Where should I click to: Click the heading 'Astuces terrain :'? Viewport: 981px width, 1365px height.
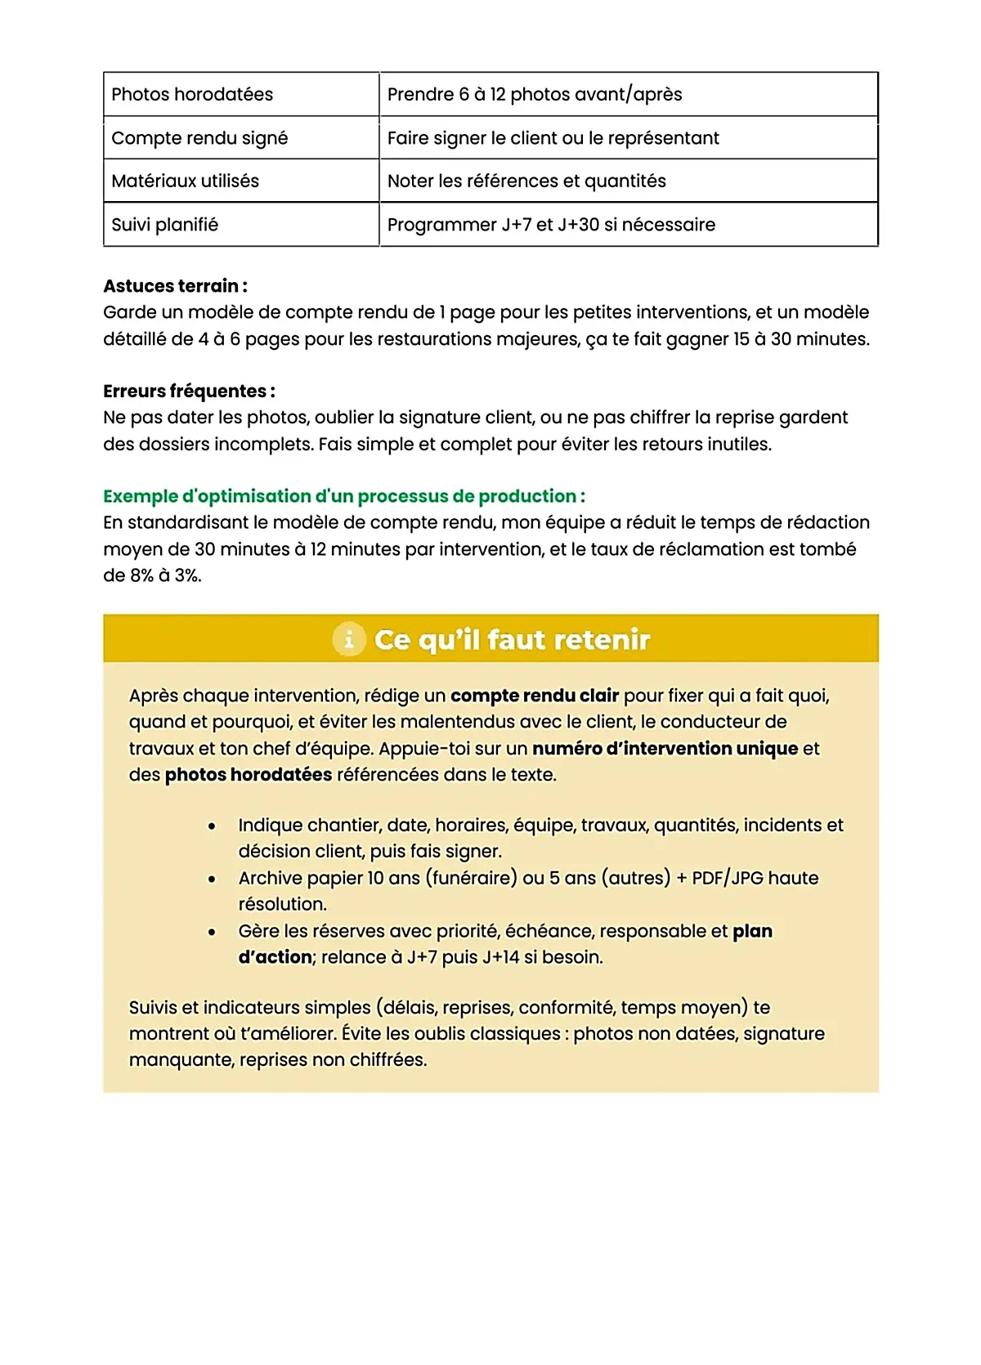click(x=175, y=286)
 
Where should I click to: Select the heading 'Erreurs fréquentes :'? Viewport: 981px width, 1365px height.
click(x=189, y=391)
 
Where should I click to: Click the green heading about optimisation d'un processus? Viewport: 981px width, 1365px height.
click(x=343, y=496)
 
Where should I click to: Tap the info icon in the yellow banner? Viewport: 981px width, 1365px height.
click(x=349, y=639)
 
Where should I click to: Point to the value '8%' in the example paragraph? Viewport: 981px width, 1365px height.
click(x=141, y=575)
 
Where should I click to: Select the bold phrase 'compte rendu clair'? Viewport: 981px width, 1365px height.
click(x=534, y=696)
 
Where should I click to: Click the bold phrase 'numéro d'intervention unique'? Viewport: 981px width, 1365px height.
click(x=665, y=749)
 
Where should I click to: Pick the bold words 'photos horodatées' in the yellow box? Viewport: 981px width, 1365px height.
click(x=249, y=775)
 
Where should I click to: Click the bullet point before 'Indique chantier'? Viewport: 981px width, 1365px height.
click(x=212, y=826)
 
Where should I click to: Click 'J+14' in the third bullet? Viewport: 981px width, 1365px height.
click(x=500, y=957)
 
